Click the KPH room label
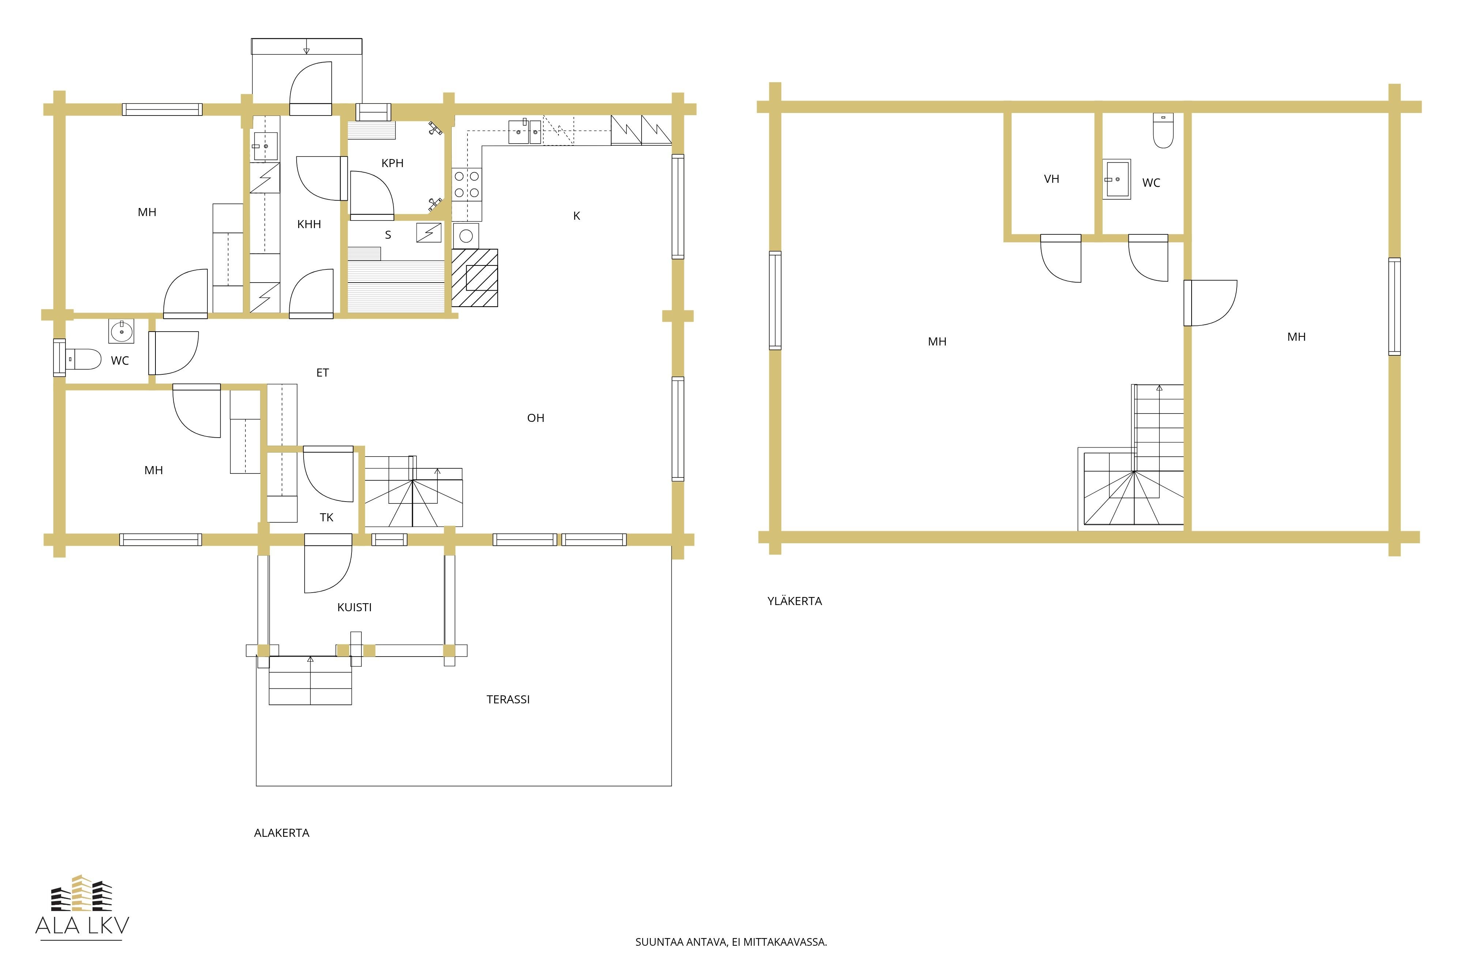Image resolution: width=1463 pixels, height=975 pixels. click(x=392, y=163)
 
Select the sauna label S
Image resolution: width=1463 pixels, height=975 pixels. click(x=388, y=235)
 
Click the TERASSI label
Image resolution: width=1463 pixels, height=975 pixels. click(x=508, y=700)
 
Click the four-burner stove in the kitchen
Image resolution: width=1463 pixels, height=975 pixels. click(x=467, y=185)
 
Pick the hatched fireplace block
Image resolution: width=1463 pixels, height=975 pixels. click(x=475, y=278)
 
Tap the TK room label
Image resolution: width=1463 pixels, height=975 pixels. click(x=327, y=517)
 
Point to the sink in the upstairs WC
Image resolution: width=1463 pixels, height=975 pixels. click(x=1117, y=179)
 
